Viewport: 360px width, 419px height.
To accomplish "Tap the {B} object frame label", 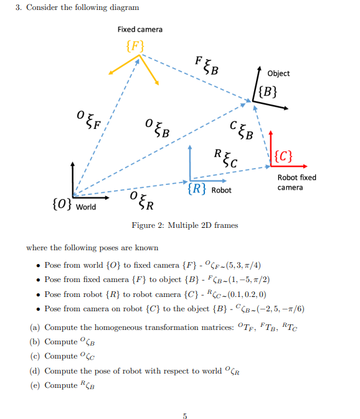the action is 267,93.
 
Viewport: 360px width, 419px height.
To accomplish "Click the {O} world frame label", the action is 62,205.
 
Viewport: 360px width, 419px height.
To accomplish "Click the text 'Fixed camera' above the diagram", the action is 140,29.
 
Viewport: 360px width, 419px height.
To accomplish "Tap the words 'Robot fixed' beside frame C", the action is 296,177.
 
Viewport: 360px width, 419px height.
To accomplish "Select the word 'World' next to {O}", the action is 87,207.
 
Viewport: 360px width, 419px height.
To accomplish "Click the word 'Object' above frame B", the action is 278,73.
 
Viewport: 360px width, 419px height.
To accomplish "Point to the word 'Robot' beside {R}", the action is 221,190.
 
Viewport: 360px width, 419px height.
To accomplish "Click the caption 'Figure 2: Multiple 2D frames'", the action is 184,225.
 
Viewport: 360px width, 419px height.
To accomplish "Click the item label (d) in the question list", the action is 34,370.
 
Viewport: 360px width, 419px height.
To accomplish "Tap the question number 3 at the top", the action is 18,7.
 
